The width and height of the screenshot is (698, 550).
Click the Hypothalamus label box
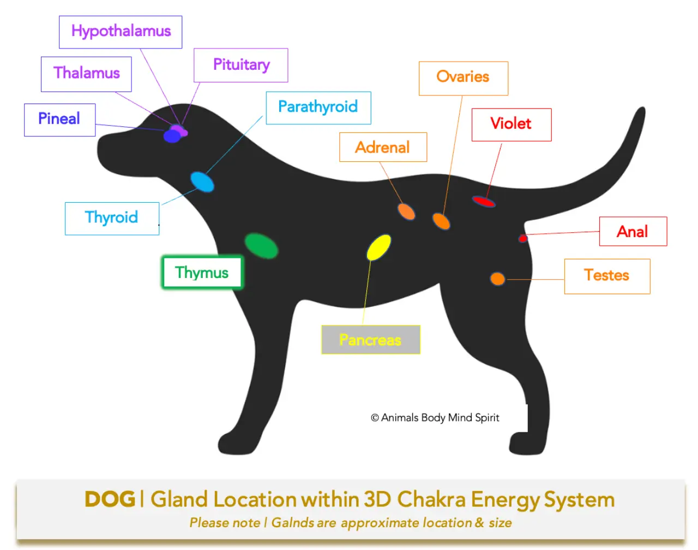tap(121, 32)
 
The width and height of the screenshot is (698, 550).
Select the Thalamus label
tap(86, 74)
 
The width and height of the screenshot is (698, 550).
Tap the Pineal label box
tap(59, 119)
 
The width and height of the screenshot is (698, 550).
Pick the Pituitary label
tap(240, 65)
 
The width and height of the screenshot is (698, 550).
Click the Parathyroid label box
tap(318, 107)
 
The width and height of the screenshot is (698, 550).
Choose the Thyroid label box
tap(112, 218)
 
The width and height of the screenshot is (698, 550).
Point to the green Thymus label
tap(202, 273)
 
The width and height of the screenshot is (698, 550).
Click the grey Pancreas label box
tap(370, 340)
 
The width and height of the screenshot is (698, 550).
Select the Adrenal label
tap(382, 147)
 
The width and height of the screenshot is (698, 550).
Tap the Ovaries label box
tap(463, 78)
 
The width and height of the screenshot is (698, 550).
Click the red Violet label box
tap(511, 124)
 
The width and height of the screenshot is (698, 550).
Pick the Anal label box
tap(633, 232)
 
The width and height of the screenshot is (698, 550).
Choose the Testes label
tap(607, 276)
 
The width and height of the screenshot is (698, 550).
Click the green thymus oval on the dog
tap(261, 246)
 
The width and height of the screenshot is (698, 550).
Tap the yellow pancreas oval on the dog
tap(378, 247)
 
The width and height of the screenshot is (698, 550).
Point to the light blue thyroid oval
tap(202, 182)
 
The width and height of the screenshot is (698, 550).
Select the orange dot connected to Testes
tap(497, 279)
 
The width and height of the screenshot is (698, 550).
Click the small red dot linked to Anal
tap(522, 238)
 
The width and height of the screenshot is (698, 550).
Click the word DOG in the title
tap(110, 499)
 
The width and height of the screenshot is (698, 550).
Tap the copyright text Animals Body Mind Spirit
tap(435, 418)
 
